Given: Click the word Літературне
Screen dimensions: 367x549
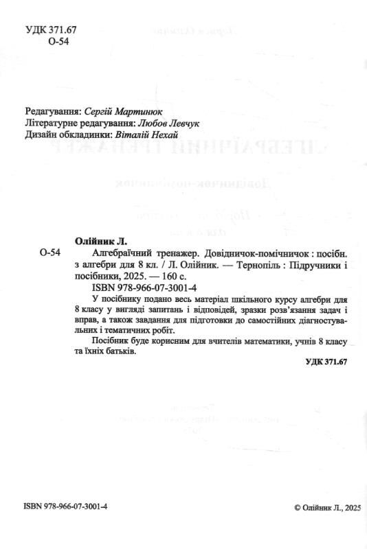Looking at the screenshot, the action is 54,123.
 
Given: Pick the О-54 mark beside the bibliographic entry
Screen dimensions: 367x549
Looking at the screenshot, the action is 51,254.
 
